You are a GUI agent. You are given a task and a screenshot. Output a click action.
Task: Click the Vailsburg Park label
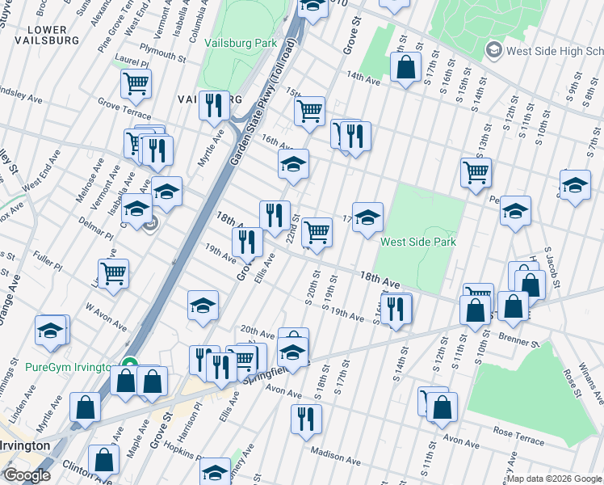241,43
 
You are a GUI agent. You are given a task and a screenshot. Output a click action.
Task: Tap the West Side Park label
418,242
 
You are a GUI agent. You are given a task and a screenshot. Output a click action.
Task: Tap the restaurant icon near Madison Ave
306,418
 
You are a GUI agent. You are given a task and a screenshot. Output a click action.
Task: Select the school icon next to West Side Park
367,217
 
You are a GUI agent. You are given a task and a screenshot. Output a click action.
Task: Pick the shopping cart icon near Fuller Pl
113,273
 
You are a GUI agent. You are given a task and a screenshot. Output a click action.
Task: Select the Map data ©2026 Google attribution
554,479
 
